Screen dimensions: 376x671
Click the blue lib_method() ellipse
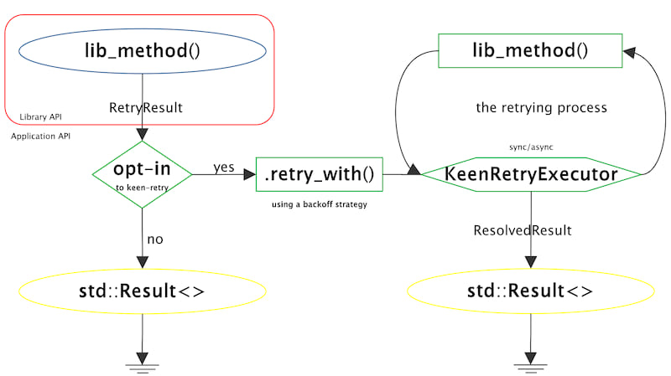pos(142,51)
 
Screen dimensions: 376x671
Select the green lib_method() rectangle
pos(530,51)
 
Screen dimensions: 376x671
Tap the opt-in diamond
pos(142,174)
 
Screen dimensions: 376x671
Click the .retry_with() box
pos(319,175)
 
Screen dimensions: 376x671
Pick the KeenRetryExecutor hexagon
pos(531,174)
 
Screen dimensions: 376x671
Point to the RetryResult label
pos(146,108)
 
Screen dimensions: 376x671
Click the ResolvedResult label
pos(523,230)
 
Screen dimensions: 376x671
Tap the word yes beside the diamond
pos(224,167)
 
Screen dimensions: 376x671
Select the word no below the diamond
pos(155,240)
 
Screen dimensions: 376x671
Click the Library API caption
pos(40,116)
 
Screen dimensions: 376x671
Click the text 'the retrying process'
pos(541,108)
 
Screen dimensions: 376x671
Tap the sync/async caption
pos(531,147)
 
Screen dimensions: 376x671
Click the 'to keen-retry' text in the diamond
pos(142,188)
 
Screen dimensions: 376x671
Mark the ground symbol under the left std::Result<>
pos(142,365)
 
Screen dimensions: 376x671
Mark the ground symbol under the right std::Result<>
pos(531,365)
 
